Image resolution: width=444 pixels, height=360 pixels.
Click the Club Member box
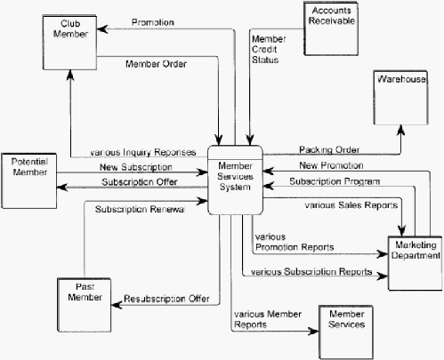69,43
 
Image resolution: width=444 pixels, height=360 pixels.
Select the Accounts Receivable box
331,28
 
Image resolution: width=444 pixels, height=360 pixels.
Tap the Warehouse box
400,98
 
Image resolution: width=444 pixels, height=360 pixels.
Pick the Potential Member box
29,180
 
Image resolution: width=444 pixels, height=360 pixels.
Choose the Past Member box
85,305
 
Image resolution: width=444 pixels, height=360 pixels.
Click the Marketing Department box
416,263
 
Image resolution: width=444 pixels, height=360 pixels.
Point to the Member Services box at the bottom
346,332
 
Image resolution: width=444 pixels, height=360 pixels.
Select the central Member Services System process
235,180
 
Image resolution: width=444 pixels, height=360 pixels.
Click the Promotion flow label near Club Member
153,22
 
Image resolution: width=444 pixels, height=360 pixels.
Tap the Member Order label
156,64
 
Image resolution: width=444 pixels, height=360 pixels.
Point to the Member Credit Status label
269,49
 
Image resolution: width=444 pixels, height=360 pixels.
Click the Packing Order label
329,149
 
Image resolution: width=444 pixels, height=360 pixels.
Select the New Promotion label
331,165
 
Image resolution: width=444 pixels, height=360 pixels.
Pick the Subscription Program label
335,181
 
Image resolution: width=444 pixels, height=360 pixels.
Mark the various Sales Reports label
351,205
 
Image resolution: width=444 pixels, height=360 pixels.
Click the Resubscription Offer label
166,299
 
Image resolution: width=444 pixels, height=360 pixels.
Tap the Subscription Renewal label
140,209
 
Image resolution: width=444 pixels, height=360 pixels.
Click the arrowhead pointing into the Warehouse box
400,130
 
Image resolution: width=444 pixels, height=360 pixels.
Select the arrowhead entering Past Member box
117,305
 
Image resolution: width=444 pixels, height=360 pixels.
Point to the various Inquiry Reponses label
142,152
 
